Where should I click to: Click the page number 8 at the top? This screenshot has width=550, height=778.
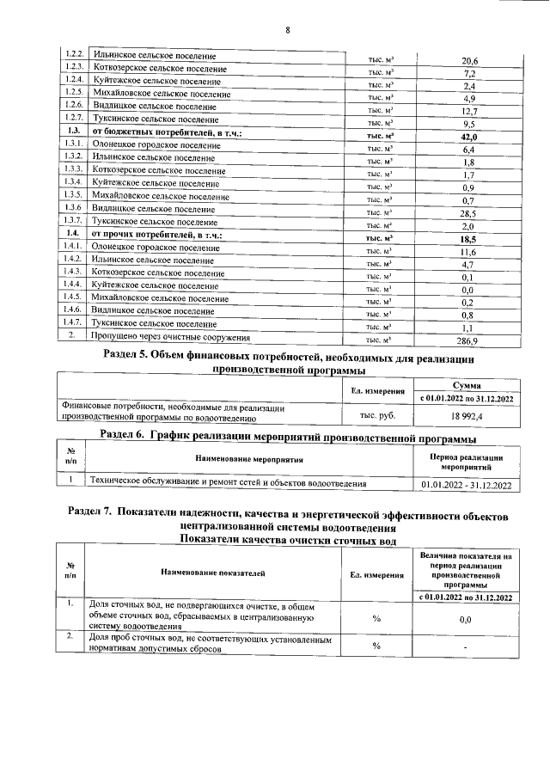pyautogui.click(x=288, y=31)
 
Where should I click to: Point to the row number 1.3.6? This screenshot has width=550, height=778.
pyautogui.click(x=72, y=206)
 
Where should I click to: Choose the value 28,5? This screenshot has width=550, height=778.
pyautogui.click(x=468, y=213)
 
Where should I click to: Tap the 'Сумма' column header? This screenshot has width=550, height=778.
pyautogui.click(x=467, y=386)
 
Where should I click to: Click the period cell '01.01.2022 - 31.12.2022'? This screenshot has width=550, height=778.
pyautogui.click(x=467, y=486)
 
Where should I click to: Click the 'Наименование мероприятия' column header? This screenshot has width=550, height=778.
pyautogui.click(x=249, y=460)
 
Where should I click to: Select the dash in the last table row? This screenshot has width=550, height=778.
pyautogui.click(x=467, y=646)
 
